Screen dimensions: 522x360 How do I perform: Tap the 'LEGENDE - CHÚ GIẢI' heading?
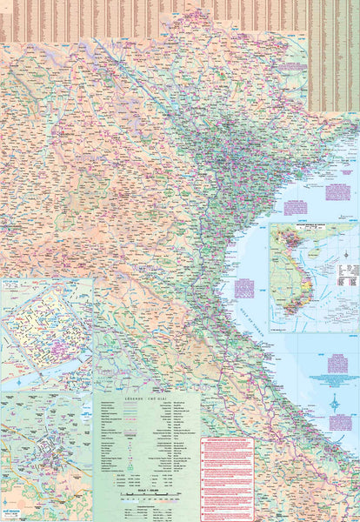pyautogui.click(x=146, y=398)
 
